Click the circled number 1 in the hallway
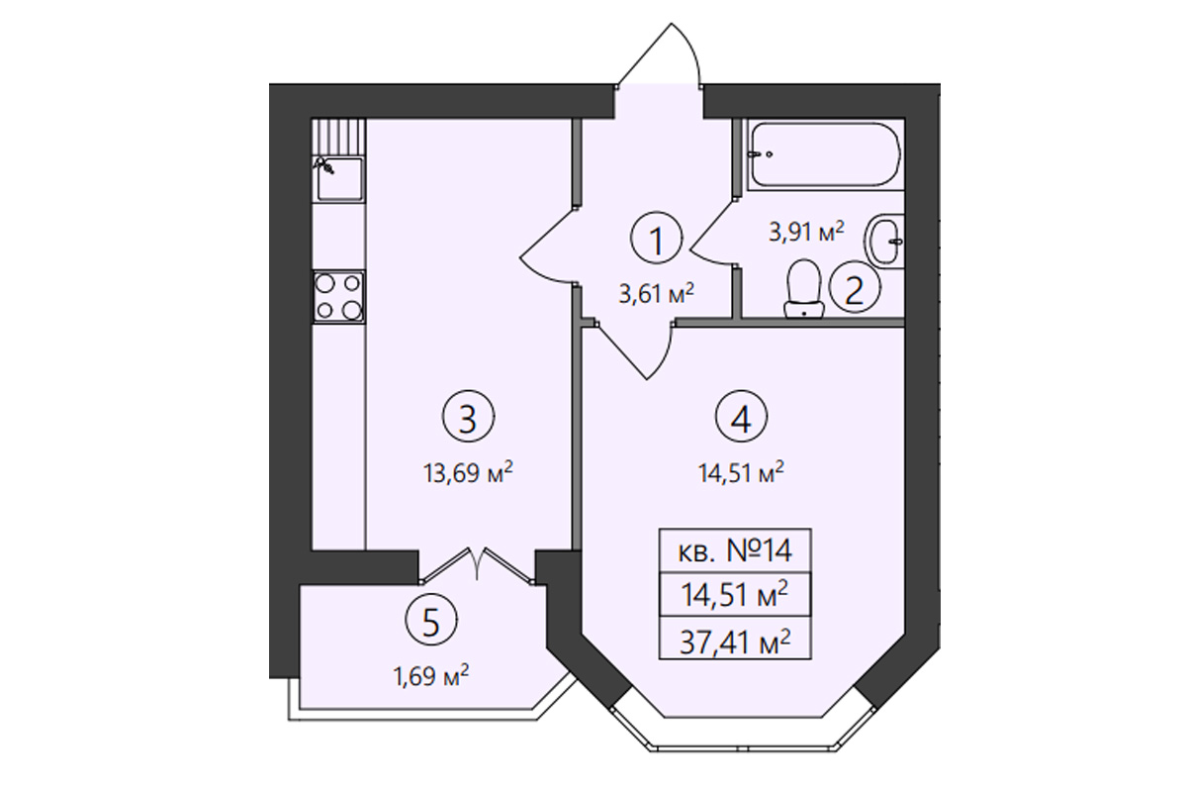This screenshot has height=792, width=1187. [656, 239]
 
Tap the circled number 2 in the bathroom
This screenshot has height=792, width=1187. [855, 287]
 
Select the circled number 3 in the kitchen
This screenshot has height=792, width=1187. [468, 417]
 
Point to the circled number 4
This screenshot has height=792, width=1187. [741, 417]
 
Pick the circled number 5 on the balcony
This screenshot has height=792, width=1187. [431, 620]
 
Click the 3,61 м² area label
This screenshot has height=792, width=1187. [656, 293]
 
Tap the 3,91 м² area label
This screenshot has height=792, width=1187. [806, 232]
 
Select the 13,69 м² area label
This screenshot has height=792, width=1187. [468, 472]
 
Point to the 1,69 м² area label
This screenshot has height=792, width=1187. [431, 675]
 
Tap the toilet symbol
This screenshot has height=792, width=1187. [804, 288]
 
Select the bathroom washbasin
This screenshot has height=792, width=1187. [884, 242]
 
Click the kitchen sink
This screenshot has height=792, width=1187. [338, 179]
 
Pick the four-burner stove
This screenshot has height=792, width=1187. [338, 297]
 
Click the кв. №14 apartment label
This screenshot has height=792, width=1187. [736, 550]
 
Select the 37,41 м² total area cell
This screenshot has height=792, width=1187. [736, 642]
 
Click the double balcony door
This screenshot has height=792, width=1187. [477, 565]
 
